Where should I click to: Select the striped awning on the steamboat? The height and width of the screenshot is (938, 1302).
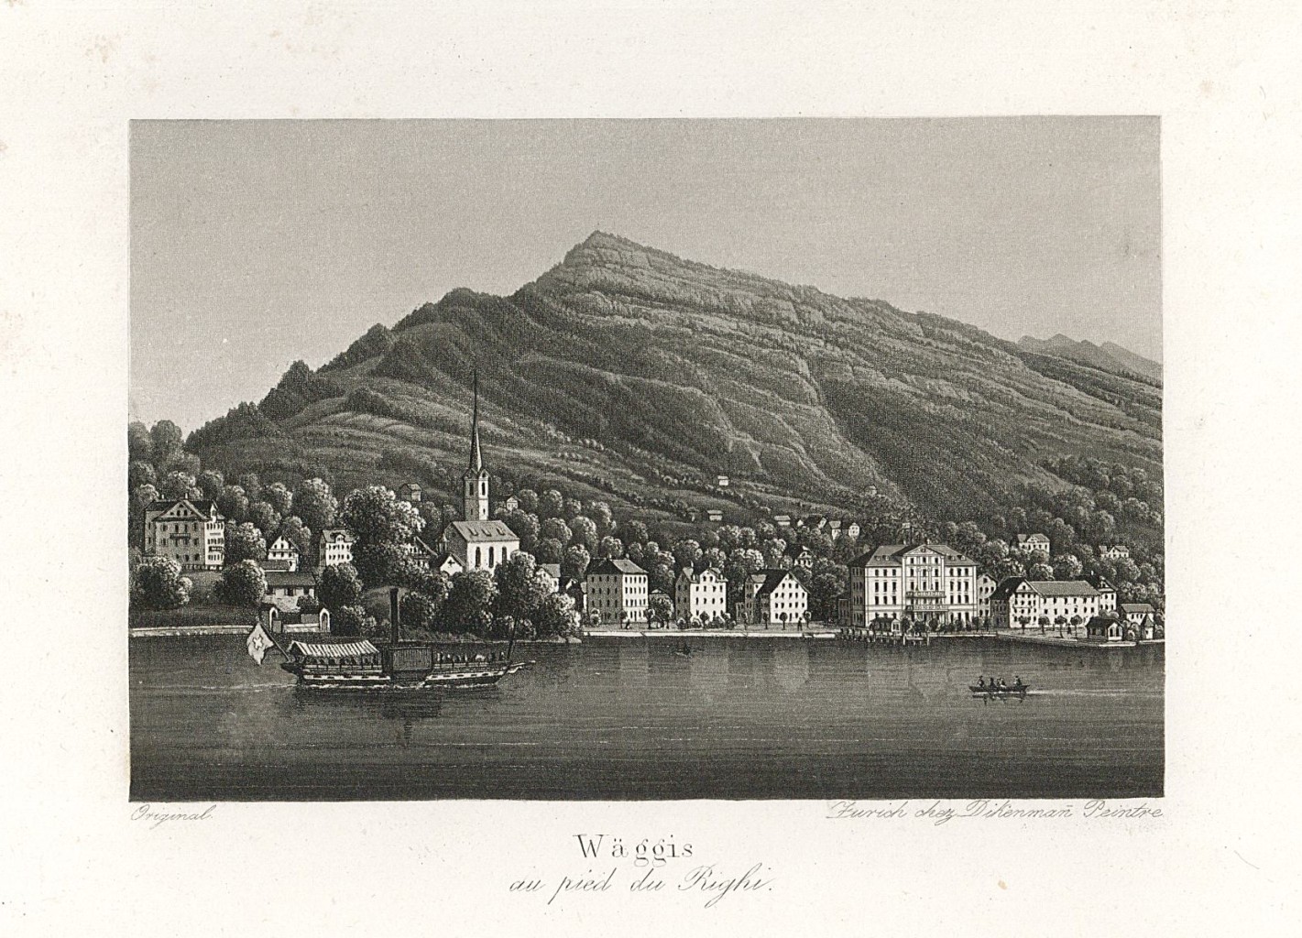[334, 649]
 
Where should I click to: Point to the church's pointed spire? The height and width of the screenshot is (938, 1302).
[475, 421]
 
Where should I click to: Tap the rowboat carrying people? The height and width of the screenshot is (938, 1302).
[998, 685]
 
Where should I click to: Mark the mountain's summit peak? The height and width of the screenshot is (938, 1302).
[596, 235]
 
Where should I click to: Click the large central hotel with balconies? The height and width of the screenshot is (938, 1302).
[913, 586]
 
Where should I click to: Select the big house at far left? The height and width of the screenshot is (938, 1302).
[183, 534]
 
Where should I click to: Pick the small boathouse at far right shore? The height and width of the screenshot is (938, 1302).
[1102, 628]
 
